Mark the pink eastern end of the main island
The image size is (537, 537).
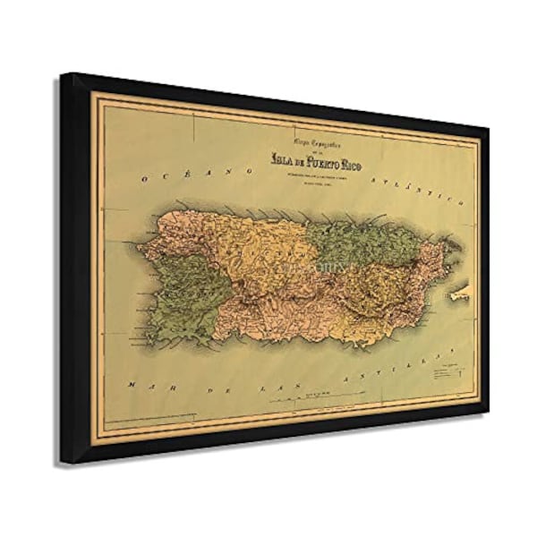pos(439,260)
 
